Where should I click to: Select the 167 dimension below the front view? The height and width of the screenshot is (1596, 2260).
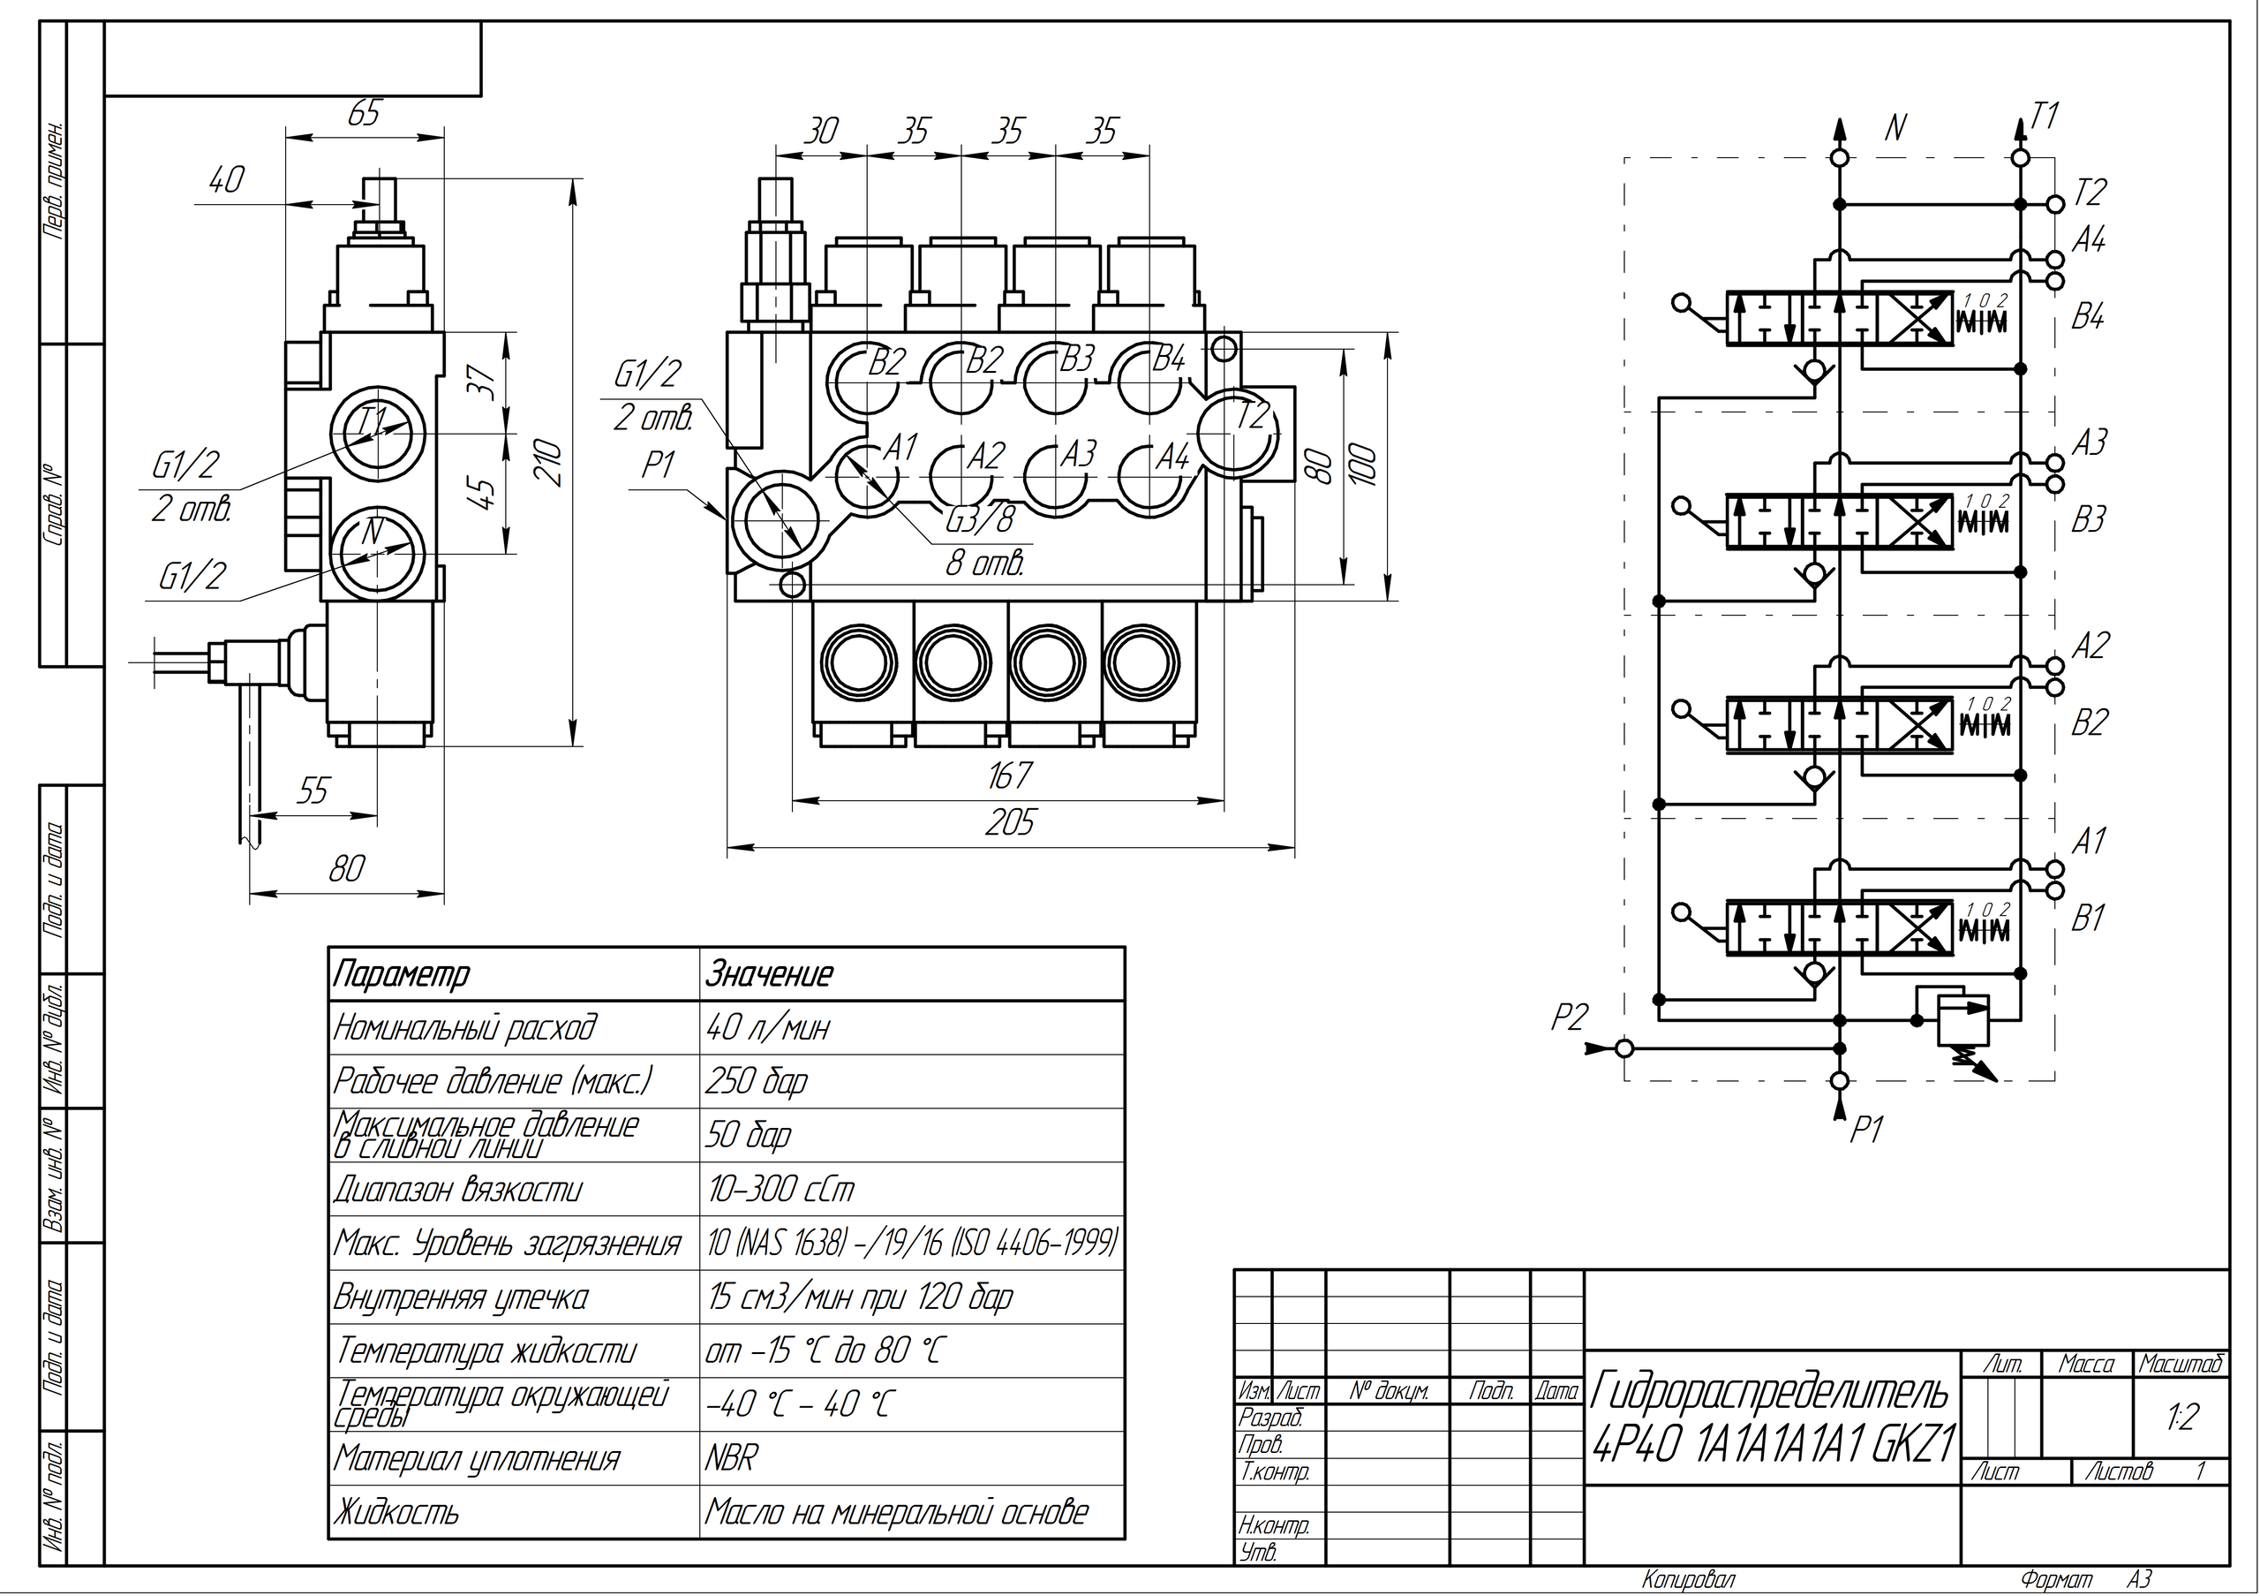[x=1009, y=775]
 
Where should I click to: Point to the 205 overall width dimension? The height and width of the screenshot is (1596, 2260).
[x=1010, y=822]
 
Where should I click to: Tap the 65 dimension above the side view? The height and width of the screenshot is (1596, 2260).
[x=362, y=113]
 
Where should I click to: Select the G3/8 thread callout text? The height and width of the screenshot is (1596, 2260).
[x=979, y=518]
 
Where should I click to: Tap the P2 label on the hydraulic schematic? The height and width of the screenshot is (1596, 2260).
[x=1569, y=1017]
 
